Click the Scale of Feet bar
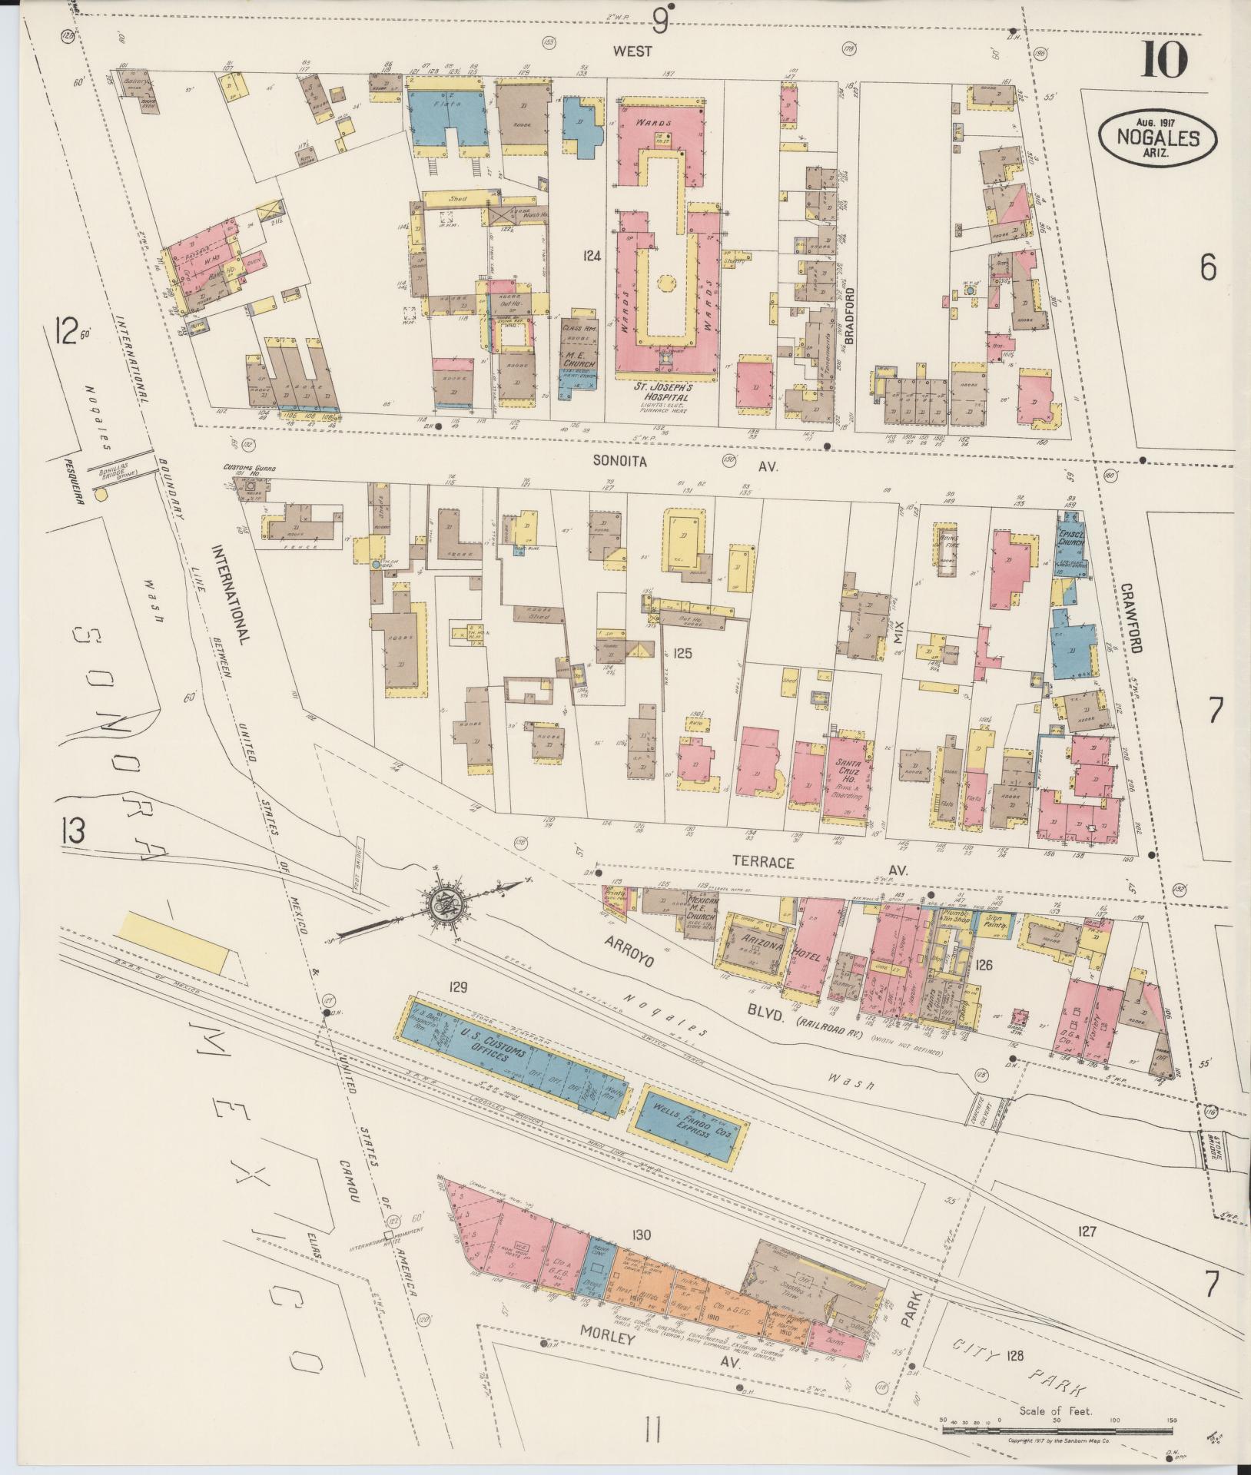point(1057,1429)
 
